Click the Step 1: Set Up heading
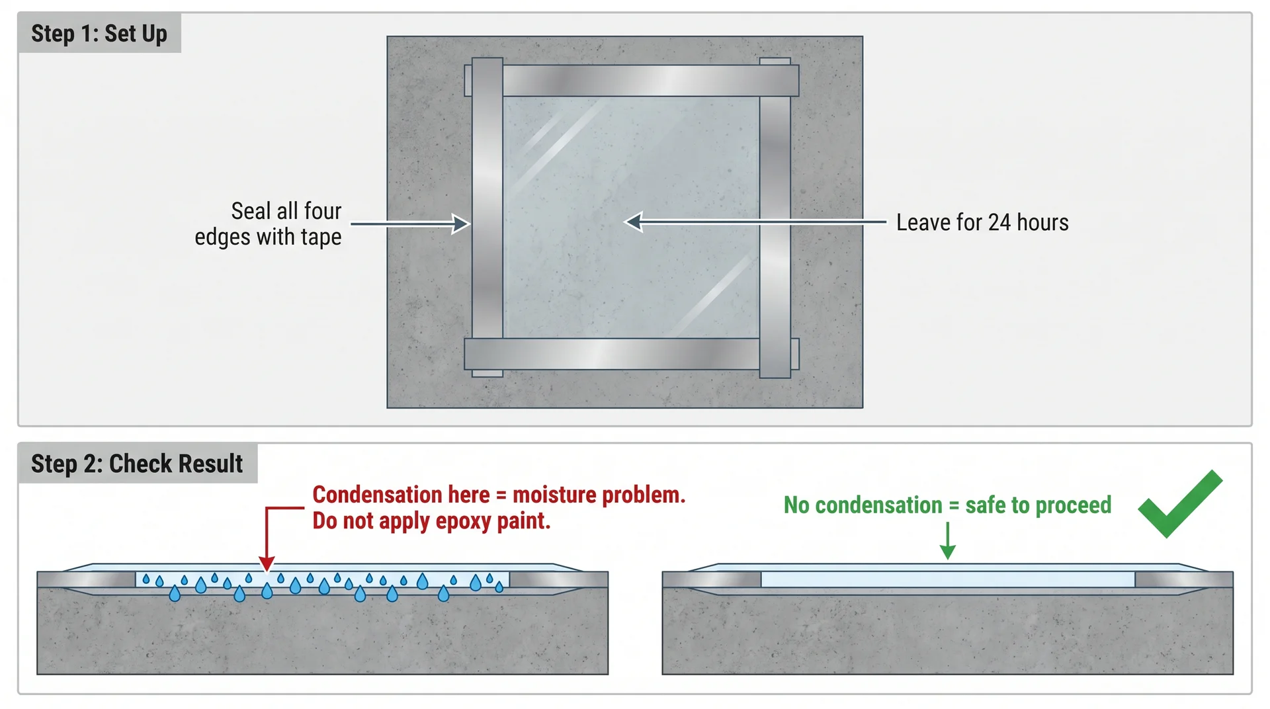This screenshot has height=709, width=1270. [x=99, y=33]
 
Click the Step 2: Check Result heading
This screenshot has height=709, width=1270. [x=137, y=464]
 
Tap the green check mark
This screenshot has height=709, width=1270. [x=1179, y=505]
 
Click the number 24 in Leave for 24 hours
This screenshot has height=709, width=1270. [x=999, y=223]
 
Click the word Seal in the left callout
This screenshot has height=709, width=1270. [x=251, y=212]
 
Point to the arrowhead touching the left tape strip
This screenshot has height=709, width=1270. [x=462, y=224]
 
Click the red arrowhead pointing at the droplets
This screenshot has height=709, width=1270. [x=267, y=563]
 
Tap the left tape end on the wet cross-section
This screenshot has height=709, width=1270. [x=86, y=580]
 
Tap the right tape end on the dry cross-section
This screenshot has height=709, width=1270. [x=1184, y=580]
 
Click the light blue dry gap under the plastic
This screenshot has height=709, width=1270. [x=948, y=580]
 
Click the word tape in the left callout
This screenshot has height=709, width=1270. [x=321, y=237]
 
